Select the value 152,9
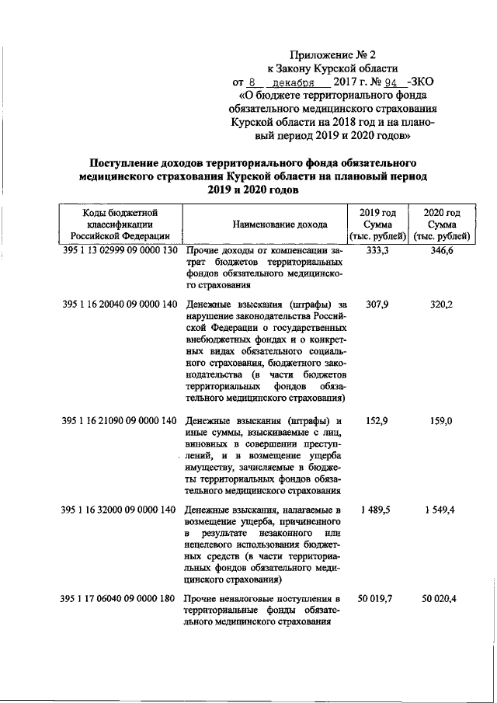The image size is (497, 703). tap(377, 420)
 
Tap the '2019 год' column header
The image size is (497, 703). tap(377, 212)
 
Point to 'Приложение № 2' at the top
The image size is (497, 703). tap(321, 55)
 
